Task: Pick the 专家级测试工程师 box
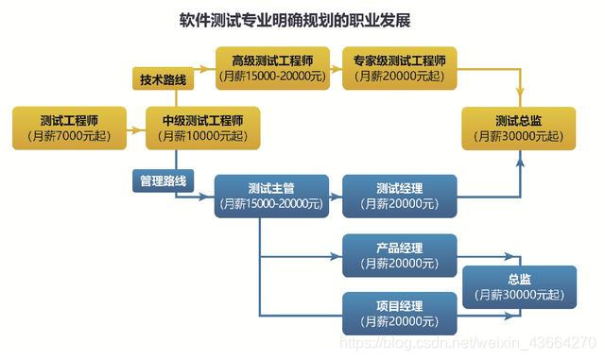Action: [400, 68]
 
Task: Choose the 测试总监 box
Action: [518, 128]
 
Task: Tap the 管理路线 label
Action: [164, 180]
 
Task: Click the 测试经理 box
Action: [400, 196]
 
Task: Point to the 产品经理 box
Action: [400, 255]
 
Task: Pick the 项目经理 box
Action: [400, 314]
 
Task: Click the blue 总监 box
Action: [518, 286]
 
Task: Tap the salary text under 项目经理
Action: [400, 322]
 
